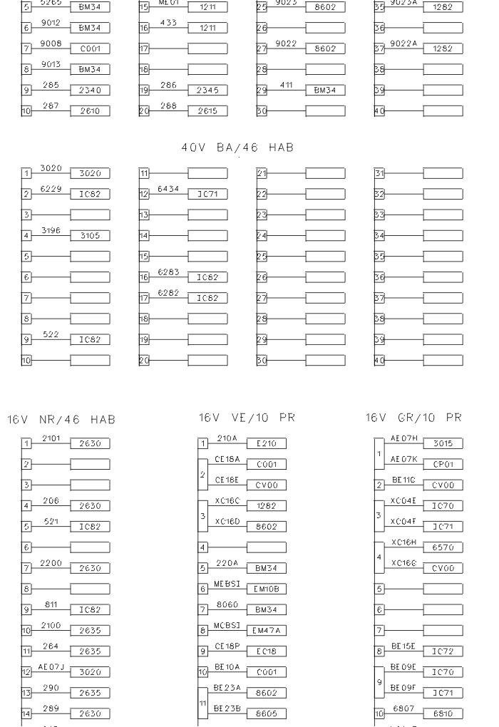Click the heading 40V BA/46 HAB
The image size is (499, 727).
(x=239, y=148)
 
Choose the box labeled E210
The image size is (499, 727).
(x=266, y=444)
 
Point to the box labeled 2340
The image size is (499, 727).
(x=90, y=90)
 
